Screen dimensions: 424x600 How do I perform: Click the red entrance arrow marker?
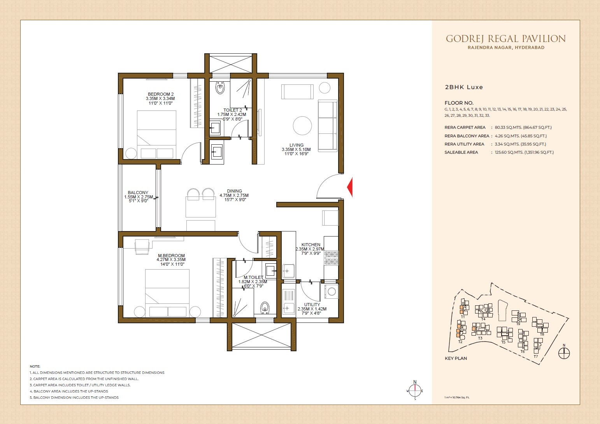(350, 187)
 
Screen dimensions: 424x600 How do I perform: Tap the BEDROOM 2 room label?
(161, 94)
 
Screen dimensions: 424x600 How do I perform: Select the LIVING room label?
(296, 145)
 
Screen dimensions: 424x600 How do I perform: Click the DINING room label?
(234, 191)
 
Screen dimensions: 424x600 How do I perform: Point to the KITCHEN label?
(311, 245)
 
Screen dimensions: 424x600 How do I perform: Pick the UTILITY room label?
(312, 305)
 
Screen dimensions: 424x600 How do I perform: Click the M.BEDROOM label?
(171, 256)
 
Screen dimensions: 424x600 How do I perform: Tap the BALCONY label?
(138, 193)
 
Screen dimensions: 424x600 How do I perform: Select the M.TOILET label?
(253, 277)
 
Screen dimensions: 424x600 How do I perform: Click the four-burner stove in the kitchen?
(332, 258)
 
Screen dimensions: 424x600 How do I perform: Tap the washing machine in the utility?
(332, 291)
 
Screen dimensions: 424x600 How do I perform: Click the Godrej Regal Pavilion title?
(505, 39)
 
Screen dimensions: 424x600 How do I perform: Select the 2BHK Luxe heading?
(464, 87)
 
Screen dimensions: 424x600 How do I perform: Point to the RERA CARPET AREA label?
(465, 128)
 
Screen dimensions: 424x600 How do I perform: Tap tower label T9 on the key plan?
(518, 324)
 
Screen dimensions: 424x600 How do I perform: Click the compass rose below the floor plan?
(415, 390)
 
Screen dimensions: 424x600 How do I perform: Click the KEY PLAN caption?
(456, 358)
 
